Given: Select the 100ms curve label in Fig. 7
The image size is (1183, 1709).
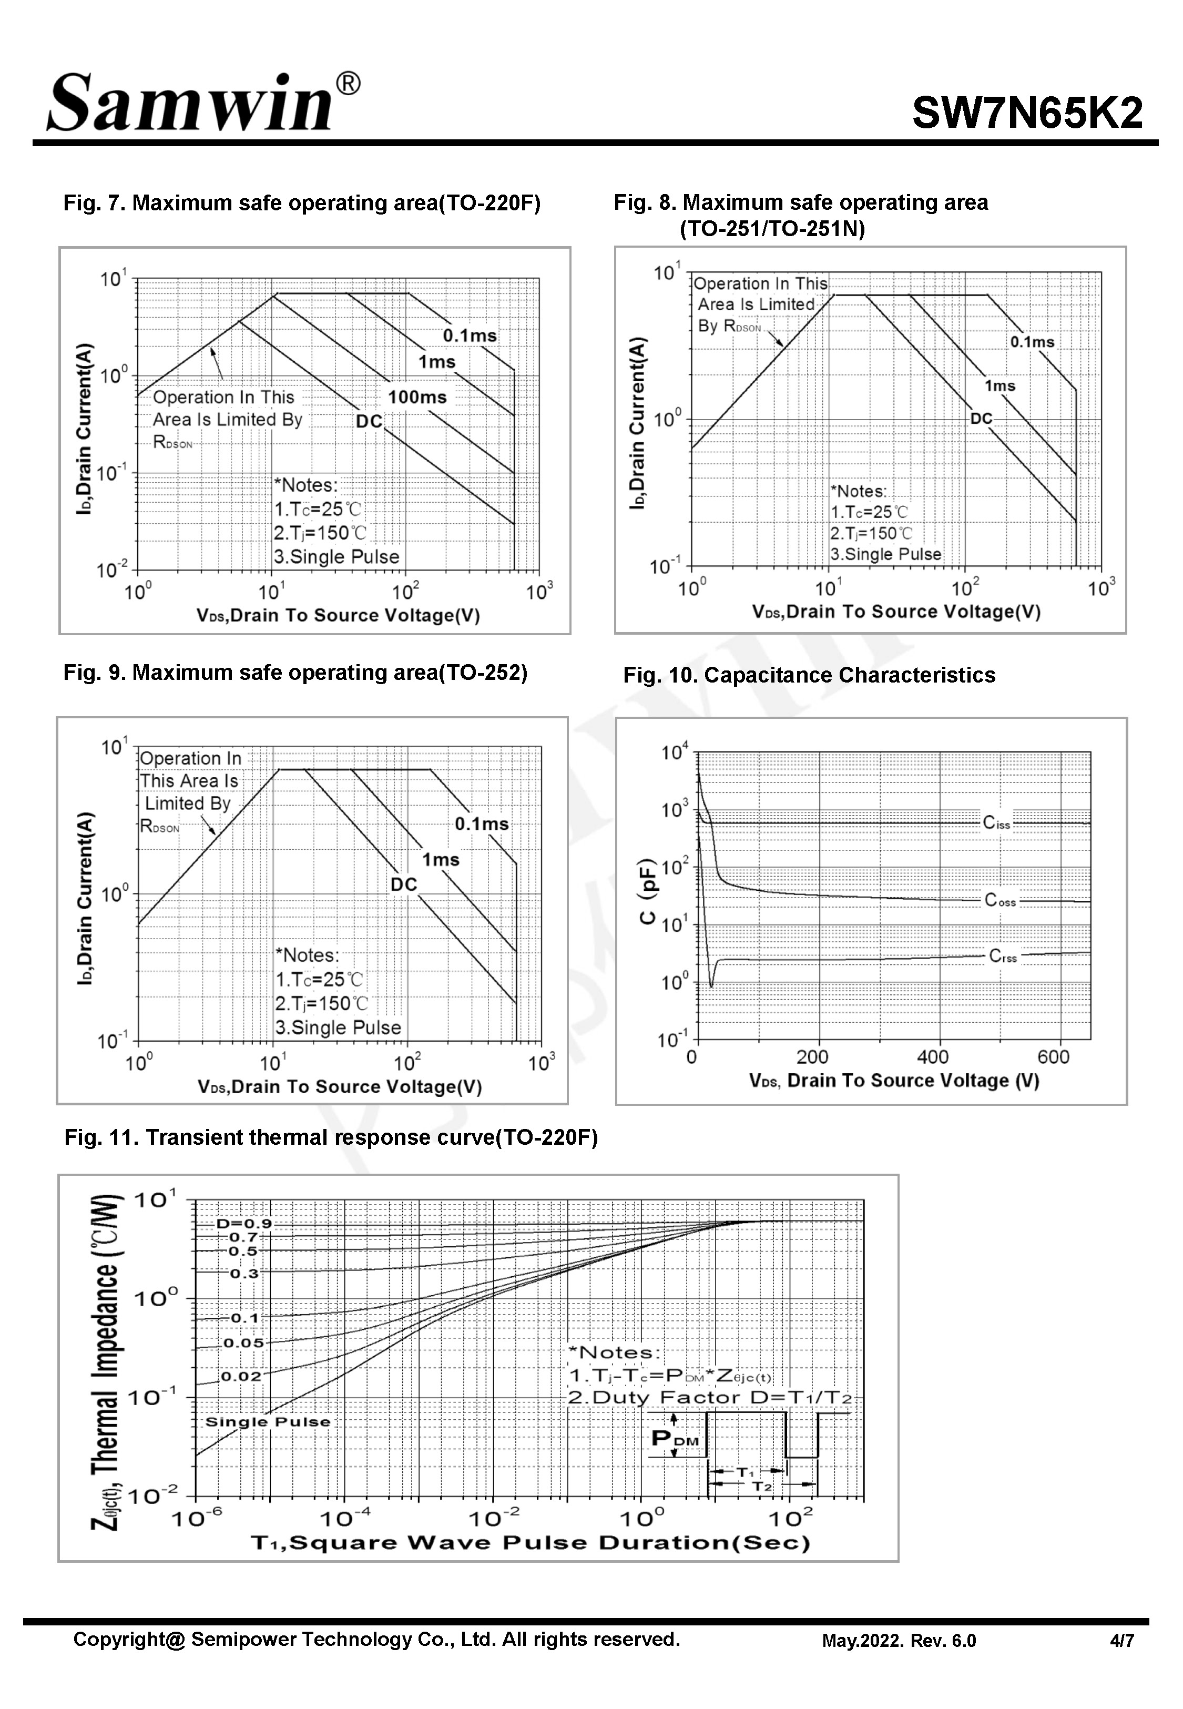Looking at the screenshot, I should point(417,397).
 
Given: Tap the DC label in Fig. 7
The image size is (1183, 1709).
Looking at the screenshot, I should point(369,422).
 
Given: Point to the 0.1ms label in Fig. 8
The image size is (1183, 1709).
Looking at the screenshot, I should point(1032,342).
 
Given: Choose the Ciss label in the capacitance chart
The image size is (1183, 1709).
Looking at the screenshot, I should point(996,822).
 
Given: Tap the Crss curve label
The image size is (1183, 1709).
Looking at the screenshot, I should point(1003,956).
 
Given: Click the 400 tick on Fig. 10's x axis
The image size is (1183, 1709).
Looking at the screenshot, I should point(932,1057).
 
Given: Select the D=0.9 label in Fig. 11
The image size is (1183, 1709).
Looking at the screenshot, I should point(244,1224).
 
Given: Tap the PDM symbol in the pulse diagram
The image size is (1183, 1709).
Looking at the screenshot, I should point(675,1439).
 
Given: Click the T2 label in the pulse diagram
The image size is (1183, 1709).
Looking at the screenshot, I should point(762,1486).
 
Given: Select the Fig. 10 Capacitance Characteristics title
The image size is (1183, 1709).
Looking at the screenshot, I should point(809,675).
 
